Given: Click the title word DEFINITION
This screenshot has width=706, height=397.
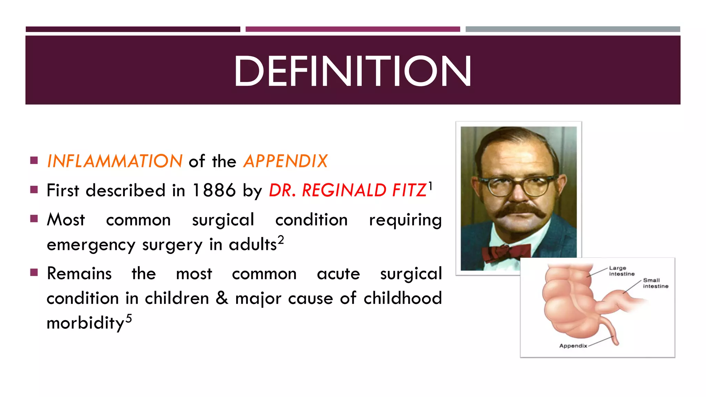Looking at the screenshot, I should click(352, 71).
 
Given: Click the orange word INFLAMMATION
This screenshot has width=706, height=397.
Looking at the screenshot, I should click(114, 161).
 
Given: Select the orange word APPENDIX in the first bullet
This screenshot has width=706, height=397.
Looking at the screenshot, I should click(285, 161).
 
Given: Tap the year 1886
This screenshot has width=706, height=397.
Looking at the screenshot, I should click(214, 191).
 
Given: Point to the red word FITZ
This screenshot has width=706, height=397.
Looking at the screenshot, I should click(409, 191).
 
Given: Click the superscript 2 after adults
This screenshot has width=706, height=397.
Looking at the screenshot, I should click(281, 239).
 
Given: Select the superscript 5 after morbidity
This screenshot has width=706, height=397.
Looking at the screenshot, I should click(129, 318).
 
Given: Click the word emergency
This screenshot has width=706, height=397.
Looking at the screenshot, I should click(91, 245).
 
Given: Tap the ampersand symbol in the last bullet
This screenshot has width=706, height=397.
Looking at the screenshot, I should click(222, 298).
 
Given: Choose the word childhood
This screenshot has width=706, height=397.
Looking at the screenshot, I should click(403, 298).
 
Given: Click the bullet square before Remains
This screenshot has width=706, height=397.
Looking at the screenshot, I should click(34, 273).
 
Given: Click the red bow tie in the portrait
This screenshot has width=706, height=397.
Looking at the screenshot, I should click(506, 253).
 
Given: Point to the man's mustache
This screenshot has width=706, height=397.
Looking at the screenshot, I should click(521, 211).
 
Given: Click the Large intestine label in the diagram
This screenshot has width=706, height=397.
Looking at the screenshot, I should click(621, 271).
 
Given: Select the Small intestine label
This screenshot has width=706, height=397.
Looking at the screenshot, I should click(655, 283).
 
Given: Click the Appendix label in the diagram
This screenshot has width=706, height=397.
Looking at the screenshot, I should click(573, 346).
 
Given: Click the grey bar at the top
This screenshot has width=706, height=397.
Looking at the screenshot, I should click(572, 29).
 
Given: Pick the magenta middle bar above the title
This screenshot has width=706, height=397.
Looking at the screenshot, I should click(353, 29).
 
